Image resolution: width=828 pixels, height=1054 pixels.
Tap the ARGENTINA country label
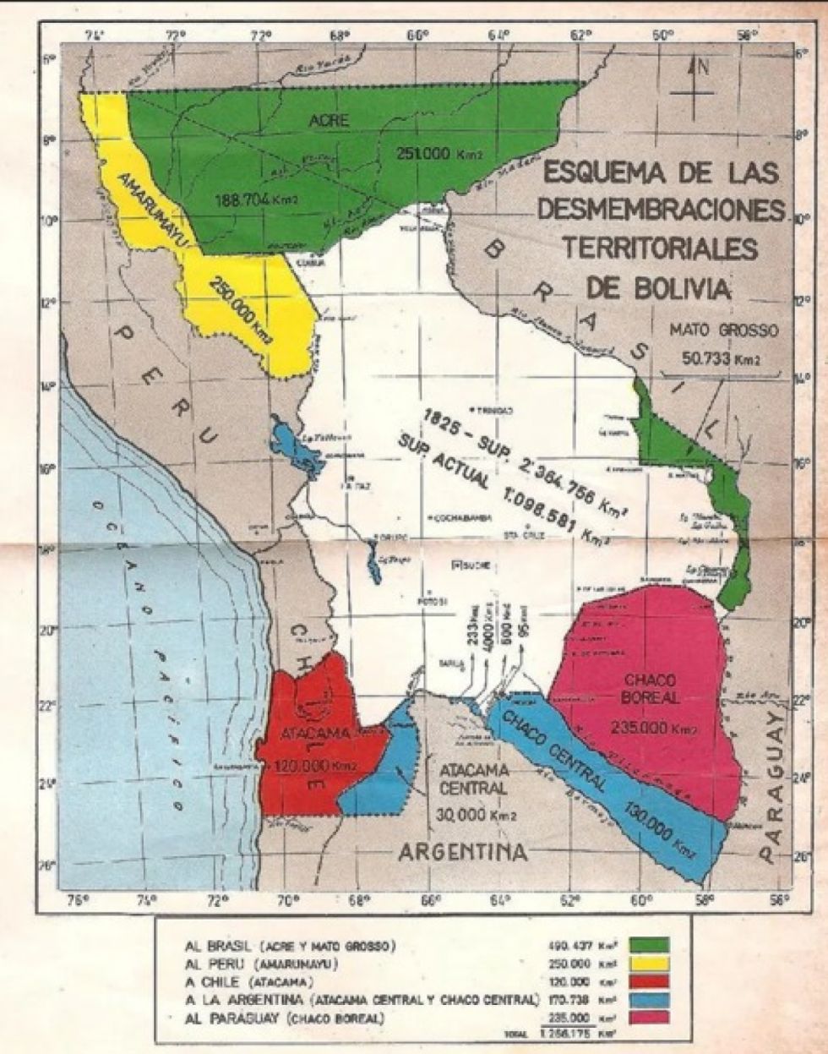coord(462,852)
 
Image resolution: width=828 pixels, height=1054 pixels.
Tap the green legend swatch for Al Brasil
coord(649,944)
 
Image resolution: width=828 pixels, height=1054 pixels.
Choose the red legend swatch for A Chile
coord(649,980)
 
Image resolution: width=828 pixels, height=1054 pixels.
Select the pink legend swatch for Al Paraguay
coord(649,1016)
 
